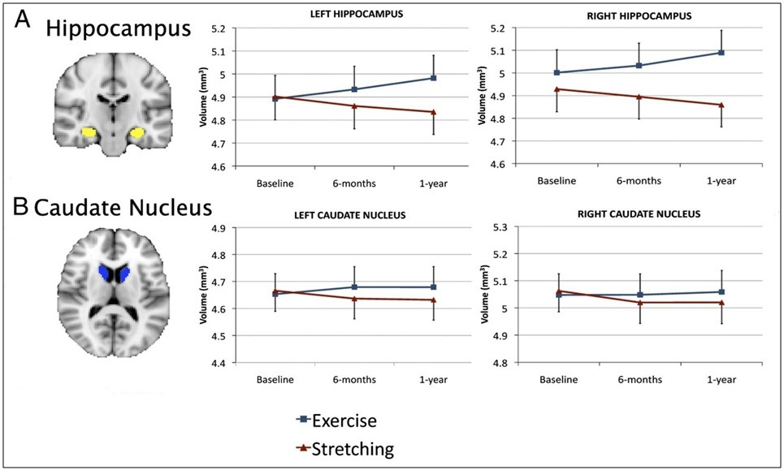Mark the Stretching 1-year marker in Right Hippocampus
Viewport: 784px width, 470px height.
point(721,105)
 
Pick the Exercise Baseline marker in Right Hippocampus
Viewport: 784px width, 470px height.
point(557,72)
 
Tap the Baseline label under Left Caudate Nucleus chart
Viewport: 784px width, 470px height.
point(274,379)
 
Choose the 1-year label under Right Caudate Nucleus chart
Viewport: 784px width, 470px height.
point(721,379)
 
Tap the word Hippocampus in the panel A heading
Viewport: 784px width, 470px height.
point(119,29)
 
